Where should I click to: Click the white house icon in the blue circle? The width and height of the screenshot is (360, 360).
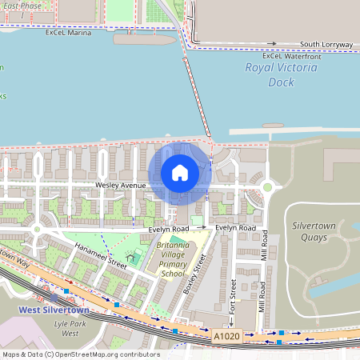click(180, 172)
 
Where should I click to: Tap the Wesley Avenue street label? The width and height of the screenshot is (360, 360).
click(120, 185)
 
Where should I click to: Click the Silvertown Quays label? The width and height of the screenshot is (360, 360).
click(314, 231)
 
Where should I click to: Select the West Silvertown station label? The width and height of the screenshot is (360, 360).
click(52, 310)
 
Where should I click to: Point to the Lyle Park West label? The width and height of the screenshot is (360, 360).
click(70, 327)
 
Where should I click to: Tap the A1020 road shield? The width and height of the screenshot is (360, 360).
click(226, 339)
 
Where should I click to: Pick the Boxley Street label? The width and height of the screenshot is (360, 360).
click(195, 273)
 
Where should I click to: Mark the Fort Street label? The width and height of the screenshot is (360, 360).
click(233, 297)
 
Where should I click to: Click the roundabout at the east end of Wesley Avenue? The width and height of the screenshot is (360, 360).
click(267, 187)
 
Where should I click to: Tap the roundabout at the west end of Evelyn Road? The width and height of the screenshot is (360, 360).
click(37, 230)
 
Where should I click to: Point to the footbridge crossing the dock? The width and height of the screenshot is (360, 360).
click(197, 96)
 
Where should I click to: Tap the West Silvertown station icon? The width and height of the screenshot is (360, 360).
click(54, 298)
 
